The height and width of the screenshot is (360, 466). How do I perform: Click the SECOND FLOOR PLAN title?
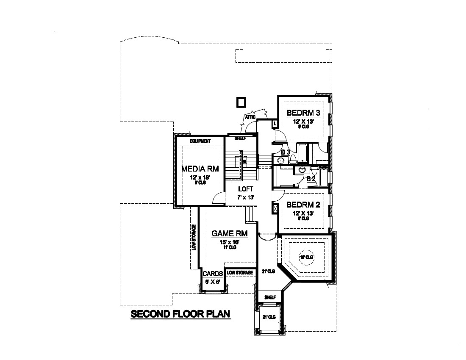click(x=180, y=314)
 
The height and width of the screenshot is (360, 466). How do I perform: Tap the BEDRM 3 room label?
click(x=303, y=113)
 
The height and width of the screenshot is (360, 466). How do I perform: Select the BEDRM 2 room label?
click(x=303, y=205)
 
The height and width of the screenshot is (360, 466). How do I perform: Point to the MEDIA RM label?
click(x=200, y=169)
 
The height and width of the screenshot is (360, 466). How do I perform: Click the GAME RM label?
click(x=229, y=233)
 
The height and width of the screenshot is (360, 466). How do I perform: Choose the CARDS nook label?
click(x=213, y=274)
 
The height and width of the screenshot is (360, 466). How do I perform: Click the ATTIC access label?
click(x=250, y=116)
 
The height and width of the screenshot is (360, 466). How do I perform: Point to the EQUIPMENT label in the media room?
click(x=200, y=141)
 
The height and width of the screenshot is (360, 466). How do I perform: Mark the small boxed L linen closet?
click(x=275, y=124)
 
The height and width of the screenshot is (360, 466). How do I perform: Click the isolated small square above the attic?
click(x=241, y=102)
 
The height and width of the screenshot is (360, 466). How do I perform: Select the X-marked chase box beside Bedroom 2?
click(x=275, y=209)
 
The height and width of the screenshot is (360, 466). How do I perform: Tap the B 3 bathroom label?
click(x=286, y=152)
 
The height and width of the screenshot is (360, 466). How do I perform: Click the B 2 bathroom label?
click(x=311, y=179)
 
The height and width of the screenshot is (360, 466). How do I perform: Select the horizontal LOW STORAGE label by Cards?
click(x=240, y=273)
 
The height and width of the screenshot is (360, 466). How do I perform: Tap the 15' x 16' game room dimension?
click(x=229, y=242)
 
